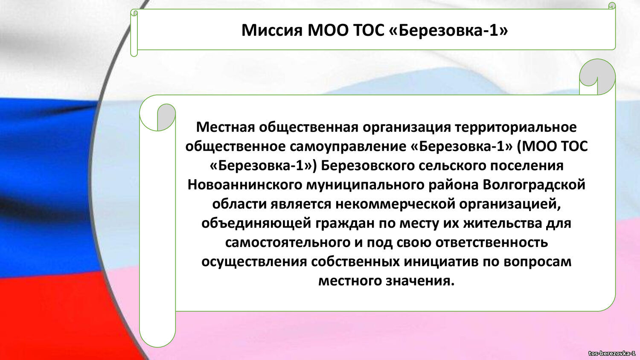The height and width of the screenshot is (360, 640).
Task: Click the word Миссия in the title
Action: click(272, 30)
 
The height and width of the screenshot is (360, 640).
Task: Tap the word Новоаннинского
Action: click(245, 185)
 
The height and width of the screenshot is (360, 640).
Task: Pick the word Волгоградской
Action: click(534, 185)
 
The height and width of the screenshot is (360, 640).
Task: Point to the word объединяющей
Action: click(256, 223)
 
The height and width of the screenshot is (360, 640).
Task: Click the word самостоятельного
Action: click(288, 242)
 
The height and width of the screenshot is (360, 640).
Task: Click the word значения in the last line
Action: click(420, 281)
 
